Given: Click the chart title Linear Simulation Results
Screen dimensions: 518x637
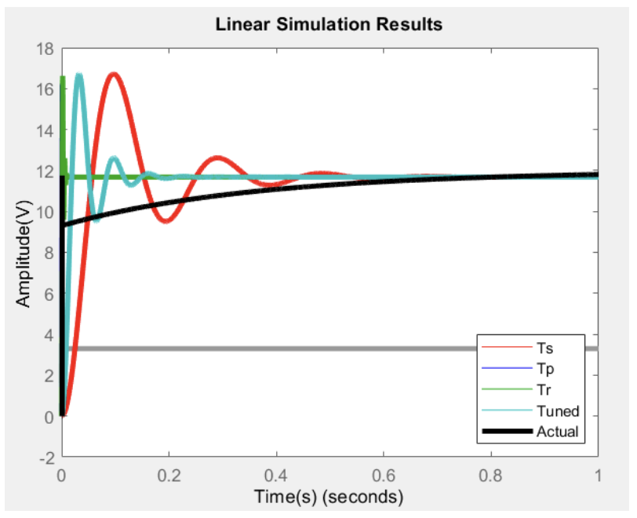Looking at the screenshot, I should [x=329, y=24].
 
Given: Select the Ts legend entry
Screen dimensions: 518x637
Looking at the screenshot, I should [x=546, y=347].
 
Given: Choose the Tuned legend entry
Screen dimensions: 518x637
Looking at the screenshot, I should [x=558, y=410].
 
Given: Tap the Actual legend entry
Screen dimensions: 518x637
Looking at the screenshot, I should [x=557, y=432].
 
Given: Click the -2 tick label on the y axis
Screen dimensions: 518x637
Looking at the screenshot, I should [x=45, y=457].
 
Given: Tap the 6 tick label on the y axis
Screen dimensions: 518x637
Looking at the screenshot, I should [x=49, y=294].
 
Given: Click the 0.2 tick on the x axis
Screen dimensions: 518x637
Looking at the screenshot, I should [x=169, y=475].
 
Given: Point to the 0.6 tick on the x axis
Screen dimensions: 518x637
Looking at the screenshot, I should [x=384, y=475].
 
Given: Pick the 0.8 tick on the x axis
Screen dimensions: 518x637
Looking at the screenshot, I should [x=491, y=475].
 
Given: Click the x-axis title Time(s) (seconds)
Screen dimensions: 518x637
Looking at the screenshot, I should [x=329, y=497].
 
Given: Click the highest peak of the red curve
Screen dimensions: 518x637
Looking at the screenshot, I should [x=115, y=75].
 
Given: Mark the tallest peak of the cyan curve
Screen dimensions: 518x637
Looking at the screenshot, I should [x=78, y=75].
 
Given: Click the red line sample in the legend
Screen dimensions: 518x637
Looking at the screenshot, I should [x=507, y=347].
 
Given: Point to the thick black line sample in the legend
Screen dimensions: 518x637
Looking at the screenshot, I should [x=507, y=432].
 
